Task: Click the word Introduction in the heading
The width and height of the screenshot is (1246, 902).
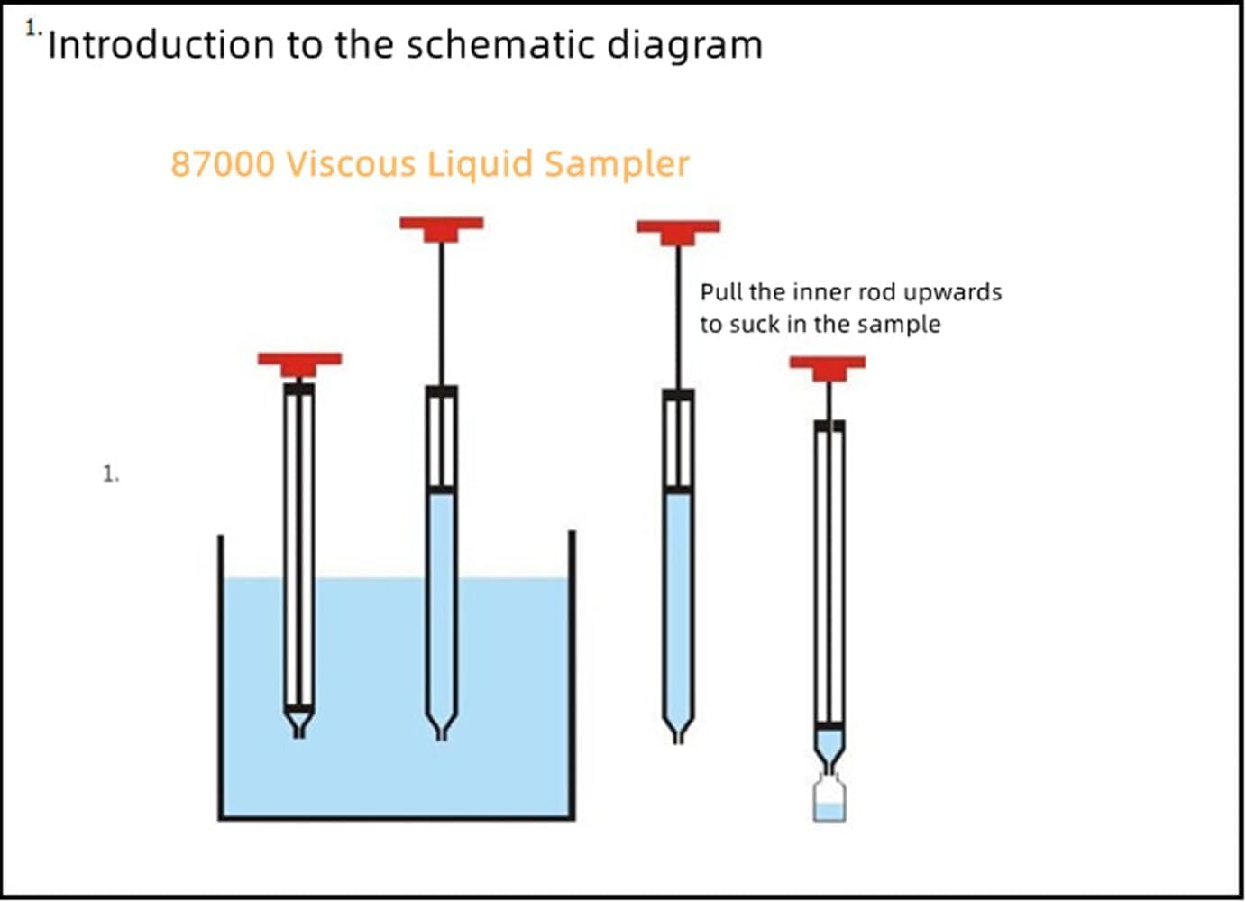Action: point(160,45)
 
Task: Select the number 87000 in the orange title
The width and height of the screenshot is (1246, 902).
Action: point(222,164)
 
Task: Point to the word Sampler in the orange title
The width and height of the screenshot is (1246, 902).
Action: point(617,164)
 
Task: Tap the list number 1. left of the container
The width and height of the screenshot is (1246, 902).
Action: point(110,474)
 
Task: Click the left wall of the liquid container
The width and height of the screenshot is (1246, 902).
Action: point(220,676)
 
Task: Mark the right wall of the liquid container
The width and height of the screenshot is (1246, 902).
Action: point(572,676)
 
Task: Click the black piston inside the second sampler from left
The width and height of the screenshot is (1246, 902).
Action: point(441,490)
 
